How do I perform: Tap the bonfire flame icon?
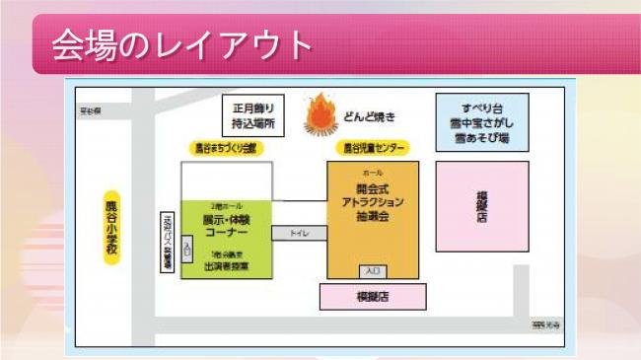[x=320, y=114]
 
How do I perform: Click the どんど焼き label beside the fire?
[x=370, y=117]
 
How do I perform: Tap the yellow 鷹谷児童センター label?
[x=374, y=148]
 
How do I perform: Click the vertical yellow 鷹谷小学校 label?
[x=111, y=226]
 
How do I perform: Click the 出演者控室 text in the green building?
[x=225, y=265]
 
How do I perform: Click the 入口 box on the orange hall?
[x=372, y=270]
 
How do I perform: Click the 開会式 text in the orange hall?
[x=373, y=188]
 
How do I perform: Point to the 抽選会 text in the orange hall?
[x=373, y=214]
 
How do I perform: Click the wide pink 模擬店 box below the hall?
[x=372, y=297]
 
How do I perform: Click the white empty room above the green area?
[x=225, y=180]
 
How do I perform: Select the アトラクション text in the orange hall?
[x=373, y=201]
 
